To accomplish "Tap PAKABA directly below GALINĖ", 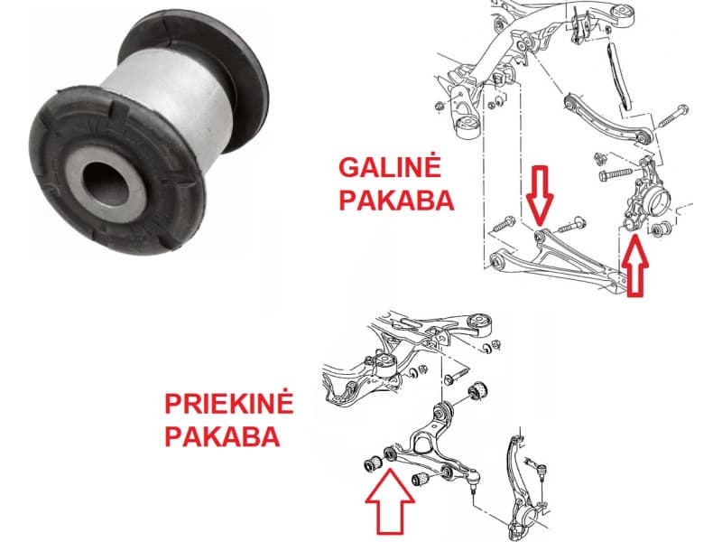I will click(395, 200).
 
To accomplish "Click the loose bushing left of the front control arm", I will click(369, 464).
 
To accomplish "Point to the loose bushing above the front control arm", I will click(480, 390).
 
